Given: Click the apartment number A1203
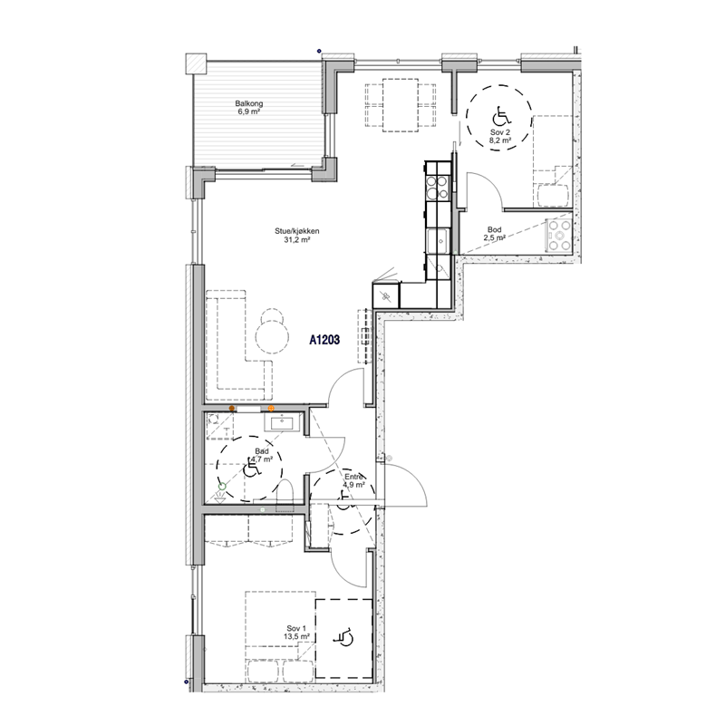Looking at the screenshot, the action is tap(324, 341).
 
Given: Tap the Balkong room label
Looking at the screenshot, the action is tap(248, 103).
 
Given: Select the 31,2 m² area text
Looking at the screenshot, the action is tap(297, 240).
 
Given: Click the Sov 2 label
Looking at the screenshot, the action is tap(500, 132).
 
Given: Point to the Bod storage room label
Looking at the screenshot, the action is tap(494, 230).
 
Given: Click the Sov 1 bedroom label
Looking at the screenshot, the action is tap(296, 628).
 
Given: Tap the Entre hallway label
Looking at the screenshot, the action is tap(354, 477).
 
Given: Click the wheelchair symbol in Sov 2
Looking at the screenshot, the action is tap(501, 116).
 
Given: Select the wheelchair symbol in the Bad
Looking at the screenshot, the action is tap(252, 469).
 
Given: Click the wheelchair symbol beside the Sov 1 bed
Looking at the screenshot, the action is tap(343, 637).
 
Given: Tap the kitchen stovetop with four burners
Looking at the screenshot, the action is tap(437, 188).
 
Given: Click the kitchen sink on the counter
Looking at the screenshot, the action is tap(438, 241).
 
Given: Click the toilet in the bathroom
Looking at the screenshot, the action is tap(285, 495).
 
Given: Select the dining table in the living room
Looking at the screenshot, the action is tap(401, 105).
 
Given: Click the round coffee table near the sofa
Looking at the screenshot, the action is tap(273, 336).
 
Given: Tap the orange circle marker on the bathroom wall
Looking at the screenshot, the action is tap(271, 409).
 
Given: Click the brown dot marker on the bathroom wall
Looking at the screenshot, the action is tap(232, 409).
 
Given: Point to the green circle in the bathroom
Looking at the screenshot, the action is tap(222, 486).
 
